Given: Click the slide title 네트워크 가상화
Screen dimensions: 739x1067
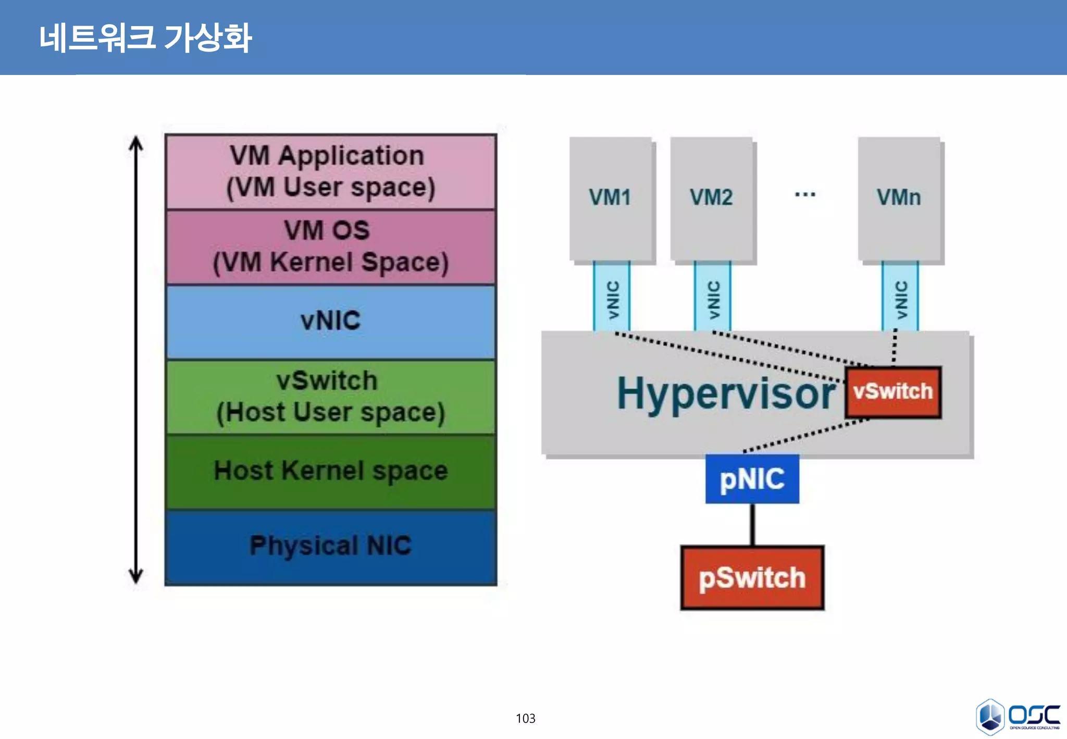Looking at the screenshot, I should (145, 38).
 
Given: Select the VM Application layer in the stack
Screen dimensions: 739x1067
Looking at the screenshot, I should (330, 171).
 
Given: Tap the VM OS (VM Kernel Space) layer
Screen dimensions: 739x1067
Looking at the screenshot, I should (330, 247).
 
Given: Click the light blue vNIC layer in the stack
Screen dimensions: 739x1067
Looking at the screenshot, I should (330, 321).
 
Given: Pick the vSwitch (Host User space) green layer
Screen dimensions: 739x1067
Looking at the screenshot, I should (330, 397).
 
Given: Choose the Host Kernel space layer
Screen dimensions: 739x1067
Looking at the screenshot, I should (330, 471).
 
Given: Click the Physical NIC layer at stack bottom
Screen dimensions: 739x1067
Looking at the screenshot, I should (330, 546).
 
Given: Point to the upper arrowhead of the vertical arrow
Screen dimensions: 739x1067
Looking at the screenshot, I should (136, 143).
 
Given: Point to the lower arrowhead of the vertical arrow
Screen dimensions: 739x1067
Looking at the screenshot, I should (136, 576).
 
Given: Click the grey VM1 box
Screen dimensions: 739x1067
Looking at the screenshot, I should (610, 198).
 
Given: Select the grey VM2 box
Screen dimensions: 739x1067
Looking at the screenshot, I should (711, 198).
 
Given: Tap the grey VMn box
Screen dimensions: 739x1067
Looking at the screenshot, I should (899, 198).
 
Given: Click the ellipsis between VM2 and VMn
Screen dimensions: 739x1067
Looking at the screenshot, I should (805, 195).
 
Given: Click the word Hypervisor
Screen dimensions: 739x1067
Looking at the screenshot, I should (726, 394).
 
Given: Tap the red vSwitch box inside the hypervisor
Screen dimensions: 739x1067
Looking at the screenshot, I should (893, 392).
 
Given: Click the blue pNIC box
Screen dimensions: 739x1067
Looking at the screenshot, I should (752, 479).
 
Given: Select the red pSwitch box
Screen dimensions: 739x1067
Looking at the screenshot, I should (752, 577).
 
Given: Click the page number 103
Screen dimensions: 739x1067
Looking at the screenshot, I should (525, 718).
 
